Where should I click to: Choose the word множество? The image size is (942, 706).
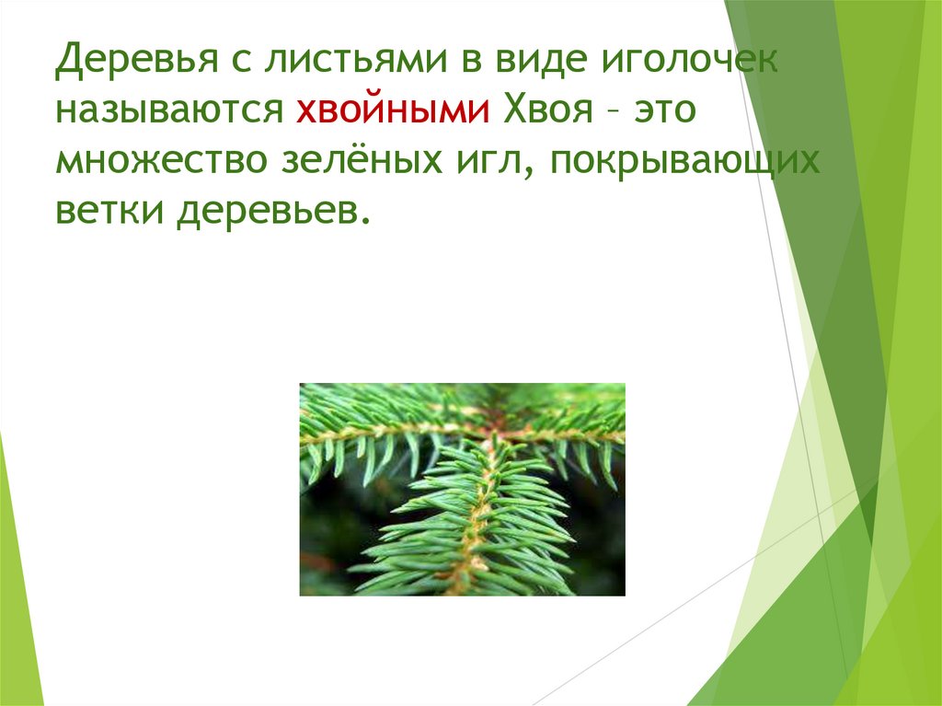click(156, 164)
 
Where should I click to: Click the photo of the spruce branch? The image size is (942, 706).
click(462, 489)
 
